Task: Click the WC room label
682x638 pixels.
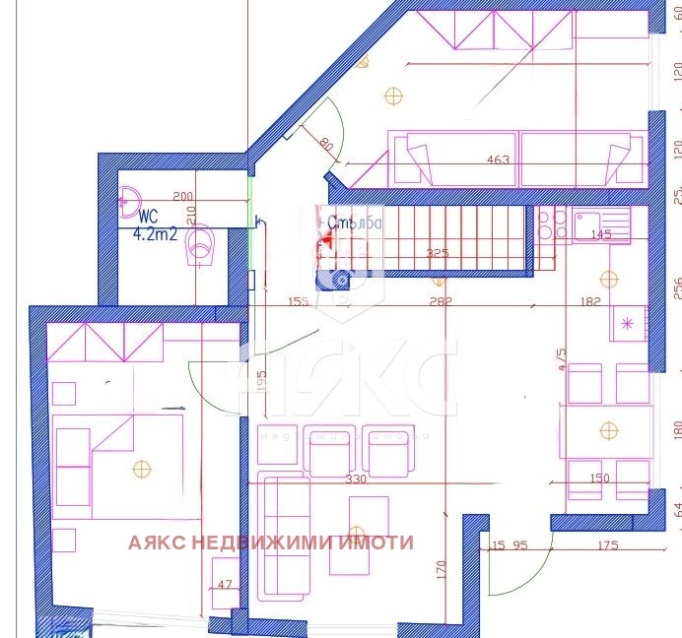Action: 149,217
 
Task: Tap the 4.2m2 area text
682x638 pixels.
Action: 155,234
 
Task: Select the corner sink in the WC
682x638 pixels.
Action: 129,201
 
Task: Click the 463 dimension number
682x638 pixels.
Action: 498,159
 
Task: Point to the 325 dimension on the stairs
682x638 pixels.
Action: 437,254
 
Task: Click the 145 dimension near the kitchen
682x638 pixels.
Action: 599,234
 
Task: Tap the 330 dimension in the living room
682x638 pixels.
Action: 355,479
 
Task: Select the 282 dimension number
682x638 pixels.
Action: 440,301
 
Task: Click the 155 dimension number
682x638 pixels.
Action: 299,301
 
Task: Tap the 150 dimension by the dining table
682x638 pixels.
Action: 598,478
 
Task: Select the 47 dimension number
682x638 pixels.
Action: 225,585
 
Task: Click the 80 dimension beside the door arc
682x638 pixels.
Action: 326,145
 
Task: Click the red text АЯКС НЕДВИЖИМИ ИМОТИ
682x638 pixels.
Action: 270,542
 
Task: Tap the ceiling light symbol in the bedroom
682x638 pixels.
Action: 143,470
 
